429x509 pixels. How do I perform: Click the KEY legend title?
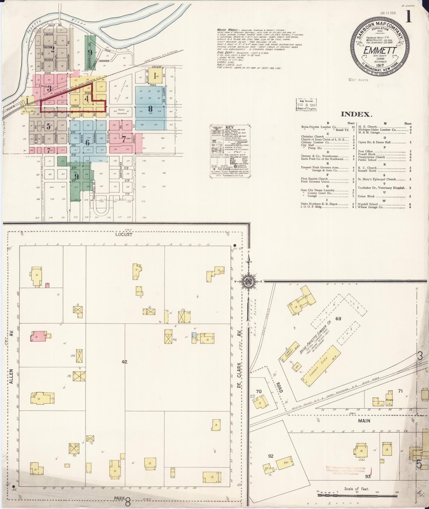229,127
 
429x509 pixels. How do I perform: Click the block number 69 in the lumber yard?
338,318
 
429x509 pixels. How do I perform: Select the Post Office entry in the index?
365,151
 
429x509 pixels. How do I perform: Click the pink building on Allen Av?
39,336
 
